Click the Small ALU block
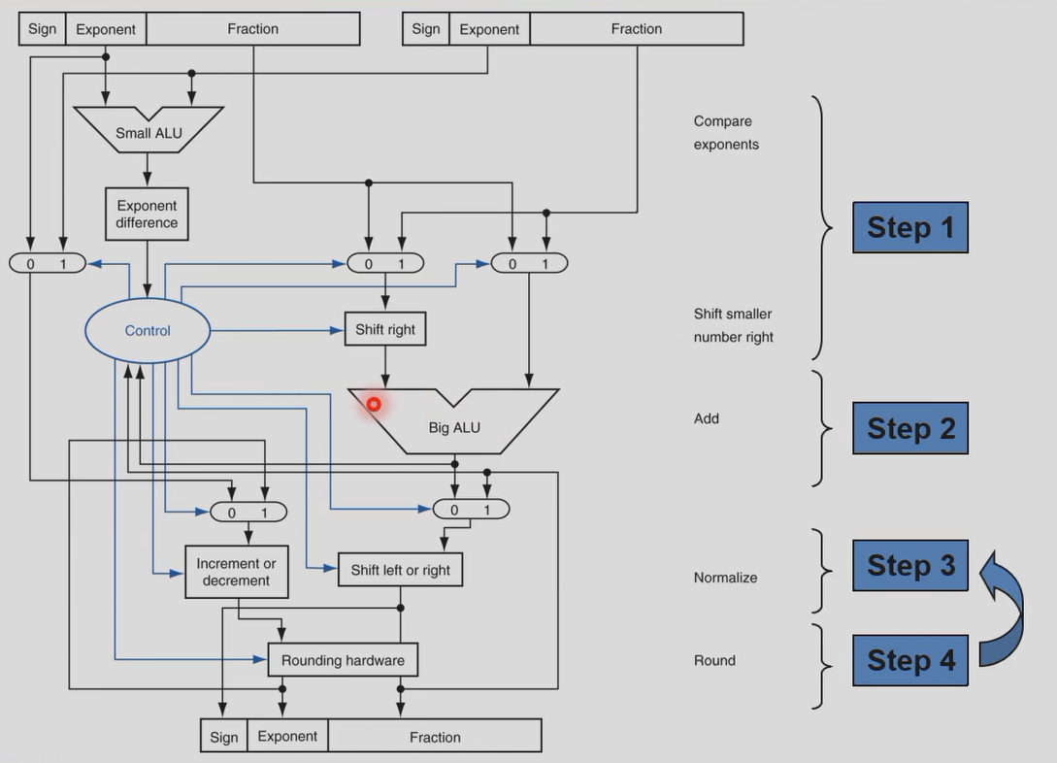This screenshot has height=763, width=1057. click(x=148, y=132)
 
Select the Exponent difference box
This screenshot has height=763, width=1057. click(x=147, y=215)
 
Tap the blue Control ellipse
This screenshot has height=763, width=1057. click(x=148, y=331)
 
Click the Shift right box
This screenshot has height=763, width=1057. click(x=385, y=330)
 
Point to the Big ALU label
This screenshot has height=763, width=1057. click(x=454, y=427)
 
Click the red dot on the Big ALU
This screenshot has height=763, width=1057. click(x=374, y=404)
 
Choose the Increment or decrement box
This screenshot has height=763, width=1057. click(x=236, y=572)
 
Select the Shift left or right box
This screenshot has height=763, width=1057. click(x=400, y=570)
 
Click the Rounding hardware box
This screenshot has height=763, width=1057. click(x=343, y=660)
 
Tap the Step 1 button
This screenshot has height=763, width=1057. click(x=910, y=227)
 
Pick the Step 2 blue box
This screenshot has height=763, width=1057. click(x=910, y=428)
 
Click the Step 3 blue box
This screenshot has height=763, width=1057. click(x=910, y=565)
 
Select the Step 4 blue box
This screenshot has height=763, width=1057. click(x=910, y=660)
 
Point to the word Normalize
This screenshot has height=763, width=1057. click(x=725, y=578)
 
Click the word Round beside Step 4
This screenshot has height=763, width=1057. click(x=714, y=660)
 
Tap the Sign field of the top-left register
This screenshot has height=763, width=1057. click(x=43, y=29)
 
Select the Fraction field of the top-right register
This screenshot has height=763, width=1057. click(x=636, y=29)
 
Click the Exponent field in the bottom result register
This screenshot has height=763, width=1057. click(x=287, y=736)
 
